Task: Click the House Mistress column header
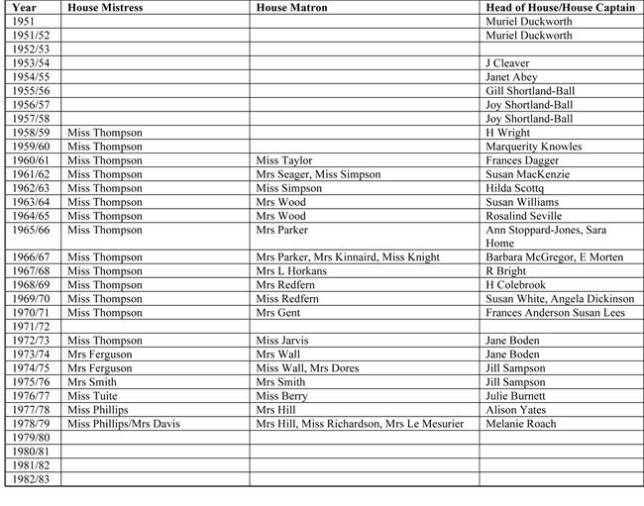[x=105, y=7]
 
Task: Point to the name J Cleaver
[x=507, y=62]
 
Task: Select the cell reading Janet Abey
[x=511, y=76]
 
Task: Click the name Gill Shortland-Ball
[x=529, y=90]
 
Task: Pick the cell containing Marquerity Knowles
[x=533, y=147]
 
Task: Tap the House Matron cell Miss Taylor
[x=284, y=160]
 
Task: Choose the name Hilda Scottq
[x=515, y=188]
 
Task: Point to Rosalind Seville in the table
[x=521, y=216]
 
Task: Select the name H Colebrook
[x=516, y=284]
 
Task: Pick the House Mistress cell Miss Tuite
[x=92, y=396]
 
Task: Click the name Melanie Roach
[x=520, y=424]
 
